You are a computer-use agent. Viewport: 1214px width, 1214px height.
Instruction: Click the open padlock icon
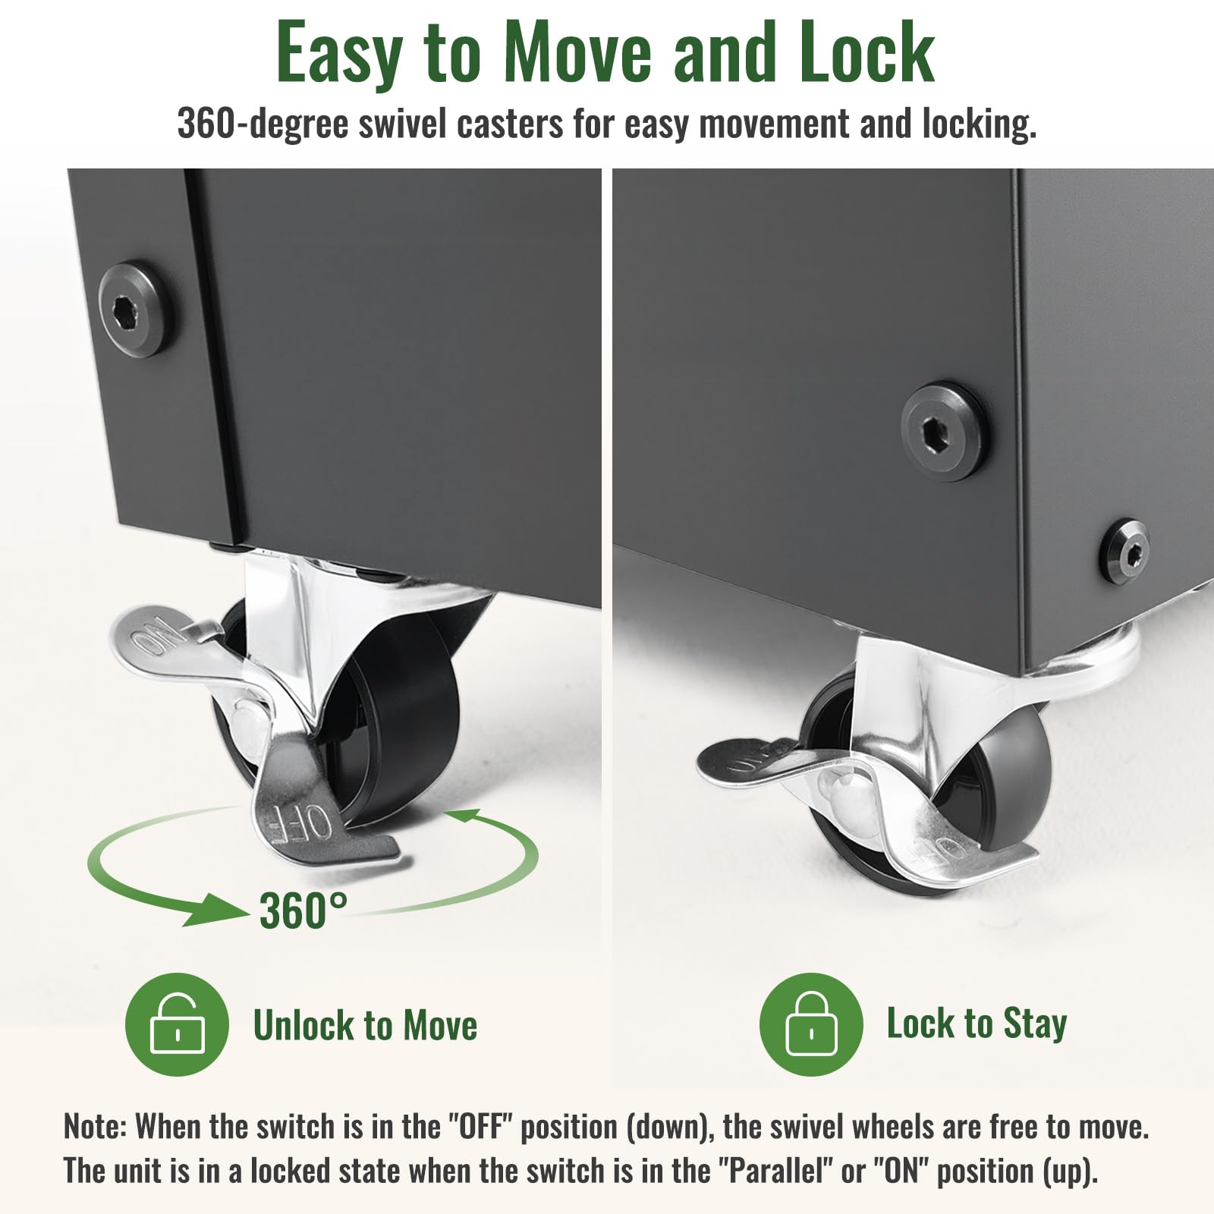pyautogui.click(x=177, y=1024)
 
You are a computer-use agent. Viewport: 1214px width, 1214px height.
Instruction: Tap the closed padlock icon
pyautogui.click(x=811, y=1024)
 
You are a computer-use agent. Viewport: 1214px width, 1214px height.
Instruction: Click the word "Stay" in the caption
pyautogui.click(x=1035, y=1024)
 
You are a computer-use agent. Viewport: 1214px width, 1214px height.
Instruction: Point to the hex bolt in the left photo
pyautogui.click(x=136, y=310)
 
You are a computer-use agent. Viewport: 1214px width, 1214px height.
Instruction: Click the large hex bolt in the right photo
pyautogui.click(x=945, y=432)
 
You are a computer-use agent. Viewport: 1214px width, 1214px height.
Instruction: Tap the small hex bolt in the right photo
pyautogui.click(x=1124, y=552)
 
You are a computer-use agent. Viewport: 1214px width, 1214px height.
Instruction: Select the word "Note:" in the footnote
pyautogui.click(x=95, y=1127)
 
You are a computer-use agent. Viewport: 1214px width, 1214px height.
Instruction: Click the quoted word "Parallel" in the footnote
pyautogui.click(x=775, y=1171)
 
